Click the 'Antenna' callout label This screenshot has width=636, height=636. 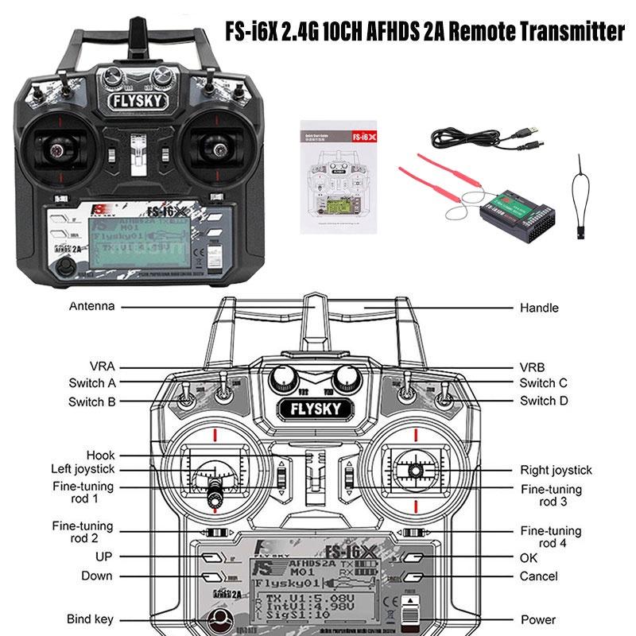coord(91,306)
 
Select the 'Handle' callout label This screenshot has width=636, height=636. coord(539,308)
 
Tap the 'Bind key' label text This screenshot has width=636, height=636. coord(91,619)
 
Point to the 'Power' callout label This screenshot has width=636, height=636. coord(538,619)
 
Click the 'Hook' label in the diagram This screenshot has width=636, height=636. coord(101,456)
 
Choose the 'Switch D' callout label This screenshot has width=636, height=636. coord(544,401)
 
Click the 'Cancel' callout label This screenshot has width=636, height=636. coord(539,576)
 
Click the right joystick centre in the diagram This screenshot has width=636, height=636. coord(415,471)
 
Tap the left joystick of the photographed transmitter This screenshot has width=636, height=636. coord(57,146)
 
